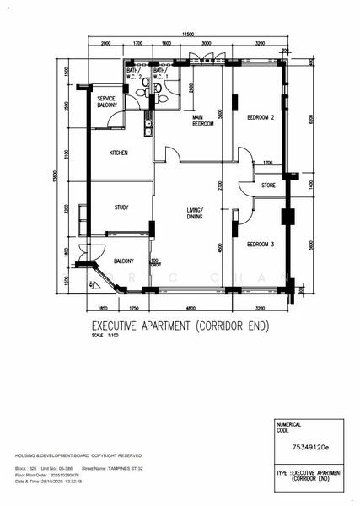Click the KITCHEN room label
click(118, 153)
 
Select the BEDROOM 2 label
click(261, 119)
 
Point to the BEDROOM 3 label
click(261, 245)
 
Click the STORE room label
click(268, 186)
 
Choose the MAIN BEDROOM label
click(202, 121)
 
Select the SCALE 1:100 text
click(106, 336)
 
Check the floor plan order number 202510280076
click(73, 474)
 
